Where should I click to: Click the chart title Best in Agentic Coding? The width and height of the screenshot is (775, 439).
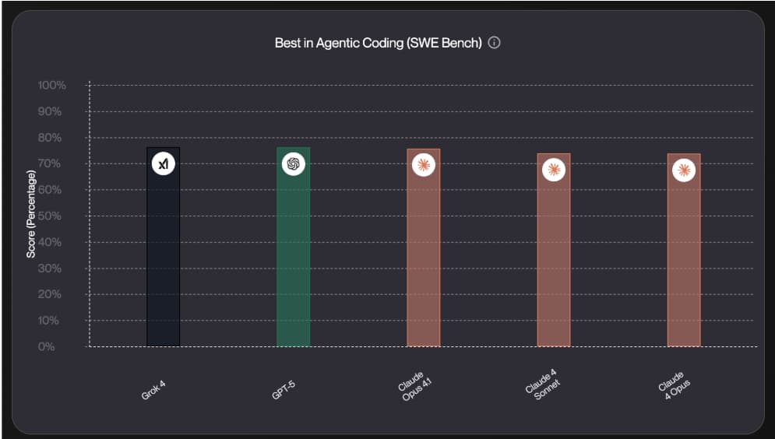[x=378, y=43]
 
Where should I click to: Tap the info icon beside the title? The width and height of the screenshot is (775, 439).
[x=494, y=43]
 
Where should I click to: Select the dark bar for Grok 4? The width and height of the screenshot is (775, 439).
[x=163, y=257]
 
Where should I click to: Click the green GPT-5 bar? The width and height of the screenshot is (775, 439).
[x=293, y=257]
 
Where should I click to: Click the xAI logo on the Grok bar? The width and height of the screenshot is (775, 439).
[x=163, y=164]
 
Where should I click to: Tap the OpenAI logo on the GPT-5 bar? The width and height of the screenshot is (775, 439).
[x=293, y=164]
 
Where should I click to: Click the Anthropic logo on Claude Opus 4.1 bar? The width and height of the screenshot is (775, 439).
[x=423, y=165]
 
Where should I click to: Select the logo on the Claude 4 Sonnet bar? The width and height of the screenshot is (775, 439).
[x=553, y=169]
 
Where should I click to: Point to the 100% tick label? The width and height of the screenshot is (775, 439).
[x=51, y=85]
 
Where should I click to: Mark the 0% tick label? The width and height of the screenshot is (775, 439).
[x=46, y=346]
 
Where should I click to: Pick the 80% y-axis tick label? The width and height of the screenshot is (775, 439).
[x=53, y=138]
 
